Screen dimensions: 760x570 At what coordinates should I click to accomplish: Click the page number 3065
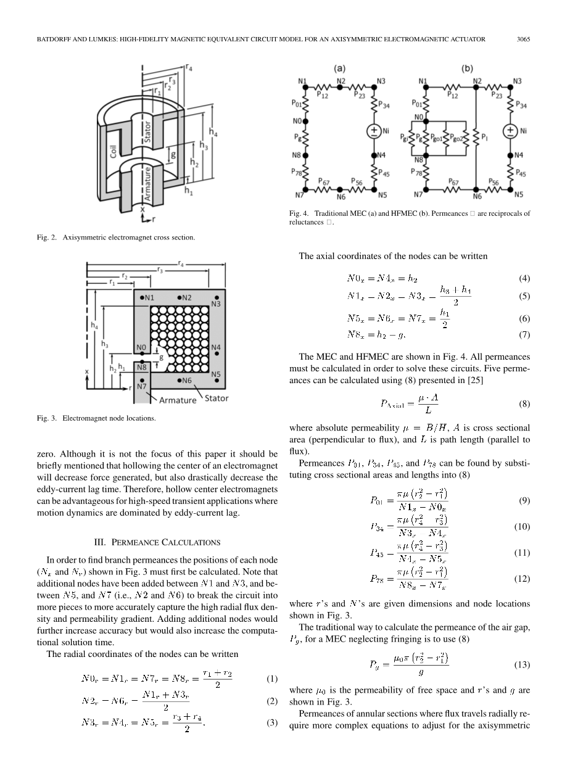coord(523,39)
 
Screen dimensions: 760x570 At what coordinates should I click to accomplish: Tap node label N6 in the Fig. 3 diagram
coord(186,381)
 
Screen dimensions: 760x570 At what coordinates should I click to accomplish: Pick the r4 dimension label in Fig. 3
coord(180,263)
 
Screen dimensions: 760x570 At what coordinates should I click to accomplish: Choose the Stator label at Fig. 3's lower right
coord(216,398)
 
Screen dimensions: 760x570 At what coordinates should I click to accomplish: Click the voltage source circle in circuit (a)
coord(374,131)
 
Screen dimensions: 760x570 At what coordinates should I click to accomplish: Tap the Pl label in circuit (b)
coord(485,136)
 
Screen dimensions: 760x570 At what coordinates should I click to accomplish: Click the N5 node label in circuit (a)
coord(382,195)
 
